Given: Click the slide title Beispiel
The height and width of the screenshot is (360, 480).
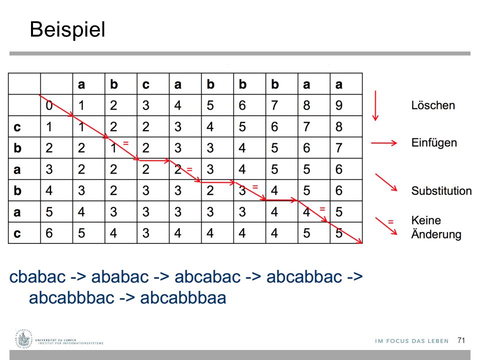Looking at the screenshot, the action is pyautogui.click(x=67, y=30).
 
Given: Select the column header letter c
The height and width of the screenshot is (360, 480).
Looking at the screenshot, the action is pyautogui.click(x=145, y=84).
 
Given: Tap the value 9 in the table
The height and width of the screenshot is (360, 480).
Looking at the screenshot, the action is pyautogui.click(x=338, y=105).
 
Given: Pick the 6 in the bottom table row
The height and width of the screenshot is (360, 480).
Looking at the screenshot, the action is pyautogui.click(x=49, y=233).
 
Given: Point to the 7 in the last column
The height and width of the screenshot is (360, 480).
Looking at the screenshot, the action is pyautogui.click(x=338, y=148).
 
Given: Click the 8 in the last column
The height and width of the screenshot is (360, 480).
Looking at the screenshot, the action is pyautogui.click(x=338, y=126).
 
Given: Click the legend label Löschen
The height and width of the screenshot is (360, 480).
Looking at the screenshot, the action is pyautogui.click(x=433, y=105).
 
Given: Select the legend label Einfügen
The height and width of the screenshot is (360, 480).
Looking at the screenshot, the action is pyautogui.click(x=434, y=143).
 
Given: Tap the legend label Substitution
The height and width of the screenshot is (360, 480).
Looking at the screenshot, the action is pyautogui.click(x=441, y=190).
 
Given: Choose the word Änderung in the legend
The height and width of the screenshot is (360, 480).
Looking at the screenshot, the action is pyautogui.click(x=436, y=234).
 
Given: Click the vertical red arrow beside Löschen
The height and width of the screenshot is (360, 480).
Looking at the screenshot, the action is pyautogui.click(x=375, y=105).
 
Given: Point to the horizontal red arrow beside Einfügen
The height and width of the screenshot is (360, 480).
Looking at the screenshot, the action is pyautogui.click(x=384, y=143).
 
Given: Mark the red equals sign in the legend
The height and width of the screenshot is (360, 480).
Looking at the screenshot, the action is pyautogui.click(x=390, y=221).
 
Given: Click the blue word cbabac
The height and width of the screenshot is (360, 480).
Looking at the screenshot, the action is pyautogui.click(x=37, y=276).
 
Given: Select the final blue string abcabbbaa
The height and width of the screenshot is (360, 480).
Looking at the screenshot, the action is pyautogui.click(x=183, y=297).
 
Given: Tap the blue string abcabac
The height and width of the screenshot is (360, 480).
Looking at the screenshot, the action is pyautogui.click(x=207, y=276).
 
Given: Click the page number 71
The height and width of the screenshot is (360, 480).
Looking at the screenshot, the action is pyautogui.click(x=461, y=340).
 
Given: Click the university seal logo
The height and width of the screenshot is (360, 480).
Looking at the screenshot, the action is pyautogui.click(x=23, y=339).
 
